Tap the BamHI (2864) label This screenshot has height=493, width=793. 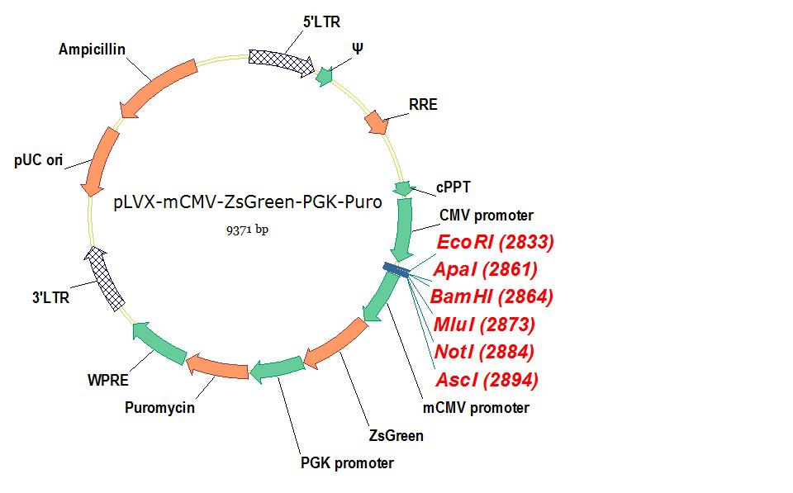[492, 296]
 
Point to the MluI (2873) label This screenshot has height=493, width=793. [484, 325]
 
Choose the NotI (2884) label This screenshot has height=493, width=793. [484, 352]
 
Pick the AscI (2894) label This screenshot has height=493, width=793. [487, 380]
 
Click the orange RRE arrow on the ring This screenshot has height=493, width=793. [376, 121]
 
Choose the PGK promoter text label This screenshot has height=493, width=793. [347, 462]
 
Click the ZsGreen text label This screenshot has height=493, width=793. [396, 435]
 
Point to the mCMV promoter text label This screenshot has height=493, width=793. [476, 407]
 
